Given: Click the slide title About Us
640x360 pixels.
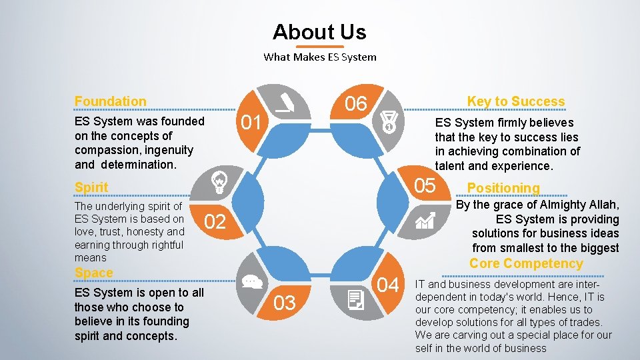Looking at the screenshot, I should [x=319, y=31].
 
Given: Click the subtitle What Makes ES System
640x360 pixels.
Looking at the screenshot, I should [x=319, y=57].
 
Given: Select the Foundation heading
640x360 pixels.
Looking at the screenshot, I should [x=111, y=101].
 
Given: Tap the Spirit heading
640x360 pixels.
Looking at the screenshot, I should [x=91, y=187].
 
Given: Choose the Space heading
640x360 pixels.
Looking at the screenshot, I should [x=94, y=273].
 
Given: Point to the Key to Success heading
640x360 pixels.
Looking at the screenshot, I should [x=515, y=101].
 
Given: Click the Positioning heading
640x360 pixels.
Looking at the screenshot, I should [x=503, y=188].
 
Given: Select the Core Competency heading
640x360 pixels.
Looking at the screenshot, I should [x=526, y=263].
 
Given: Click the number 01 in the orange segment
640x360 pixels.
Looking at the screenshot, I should [x=251, y=123].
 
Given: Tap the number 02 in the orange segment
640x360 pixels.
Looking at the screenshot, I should [x=215, y=222].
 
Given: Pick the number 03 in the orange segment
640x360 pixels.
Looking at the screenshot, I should [x=285, y=303].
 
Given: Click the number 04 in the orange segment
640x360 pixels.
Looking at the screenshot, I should [x=388, y=285].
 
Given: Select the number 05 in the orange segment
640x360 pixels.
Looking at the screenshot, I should [x=425, y=185].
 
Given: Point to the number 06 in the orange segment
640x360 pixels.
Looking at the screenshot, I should [x=355, y=103].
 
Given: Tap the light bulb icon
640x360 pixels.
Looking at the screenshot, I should [x=219, y=181].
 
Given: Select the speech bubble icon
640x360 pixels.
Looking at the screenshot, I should [x=251, y=281].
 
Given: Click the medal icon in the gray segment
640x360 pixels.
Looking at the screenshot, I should [x=389, y=121].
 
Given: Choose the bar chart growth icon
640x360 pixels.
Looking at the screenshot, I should [x=425, y=220].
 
